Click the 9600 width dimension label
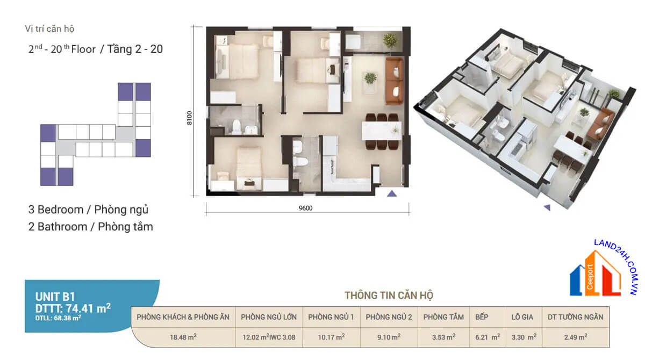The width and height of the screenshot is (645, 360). click(305, 208)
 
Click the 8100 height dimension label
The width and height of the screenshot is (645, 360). click(189, 118)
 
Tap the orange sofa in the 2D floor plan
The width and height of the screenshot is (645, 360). click(394, 81)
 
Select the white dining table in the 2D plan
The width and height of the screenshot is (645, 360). click(382, 131)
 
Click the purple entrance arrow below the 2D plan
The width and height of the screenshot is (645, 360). click(392, 193)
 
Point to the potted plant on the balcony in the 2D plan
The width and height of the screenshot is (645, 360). click(390, 41)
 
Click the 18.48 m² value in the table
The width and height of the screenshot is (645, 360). click(183, 337)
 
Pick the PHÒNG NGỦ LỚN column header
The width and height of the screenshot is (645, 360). click(269, 317)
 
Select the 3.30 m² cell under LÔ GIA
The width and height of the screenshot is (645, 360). click(524, 337)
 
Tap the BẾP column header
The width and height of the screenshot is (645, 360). click(482, 317)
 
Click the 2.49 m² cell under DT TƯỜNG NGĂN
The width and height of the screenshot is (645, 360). click(576, 337)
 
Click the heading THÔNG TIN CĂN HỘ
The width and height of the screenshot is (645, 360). click(389, 295)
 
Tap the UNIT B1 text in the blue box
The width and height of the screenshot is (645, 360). click(55, 297)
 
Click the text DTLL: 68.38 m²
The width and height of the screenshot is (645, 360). click(58, 318)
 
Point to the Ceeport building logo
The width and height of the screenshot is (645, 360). click(595, 273)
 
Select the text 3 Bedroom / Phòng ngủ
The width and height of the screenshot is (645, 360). click(88, 210)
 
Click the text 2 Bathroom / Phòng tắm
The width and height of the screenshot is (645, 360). click(91, 227)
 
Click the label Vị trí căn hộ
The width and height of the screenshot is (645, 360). click(49, 29)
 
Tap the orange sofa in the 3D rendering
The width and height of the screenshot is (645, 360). click(600, 125)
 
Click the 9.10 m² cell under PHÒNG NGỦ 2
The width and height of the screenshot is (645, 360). click(389, 337)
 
